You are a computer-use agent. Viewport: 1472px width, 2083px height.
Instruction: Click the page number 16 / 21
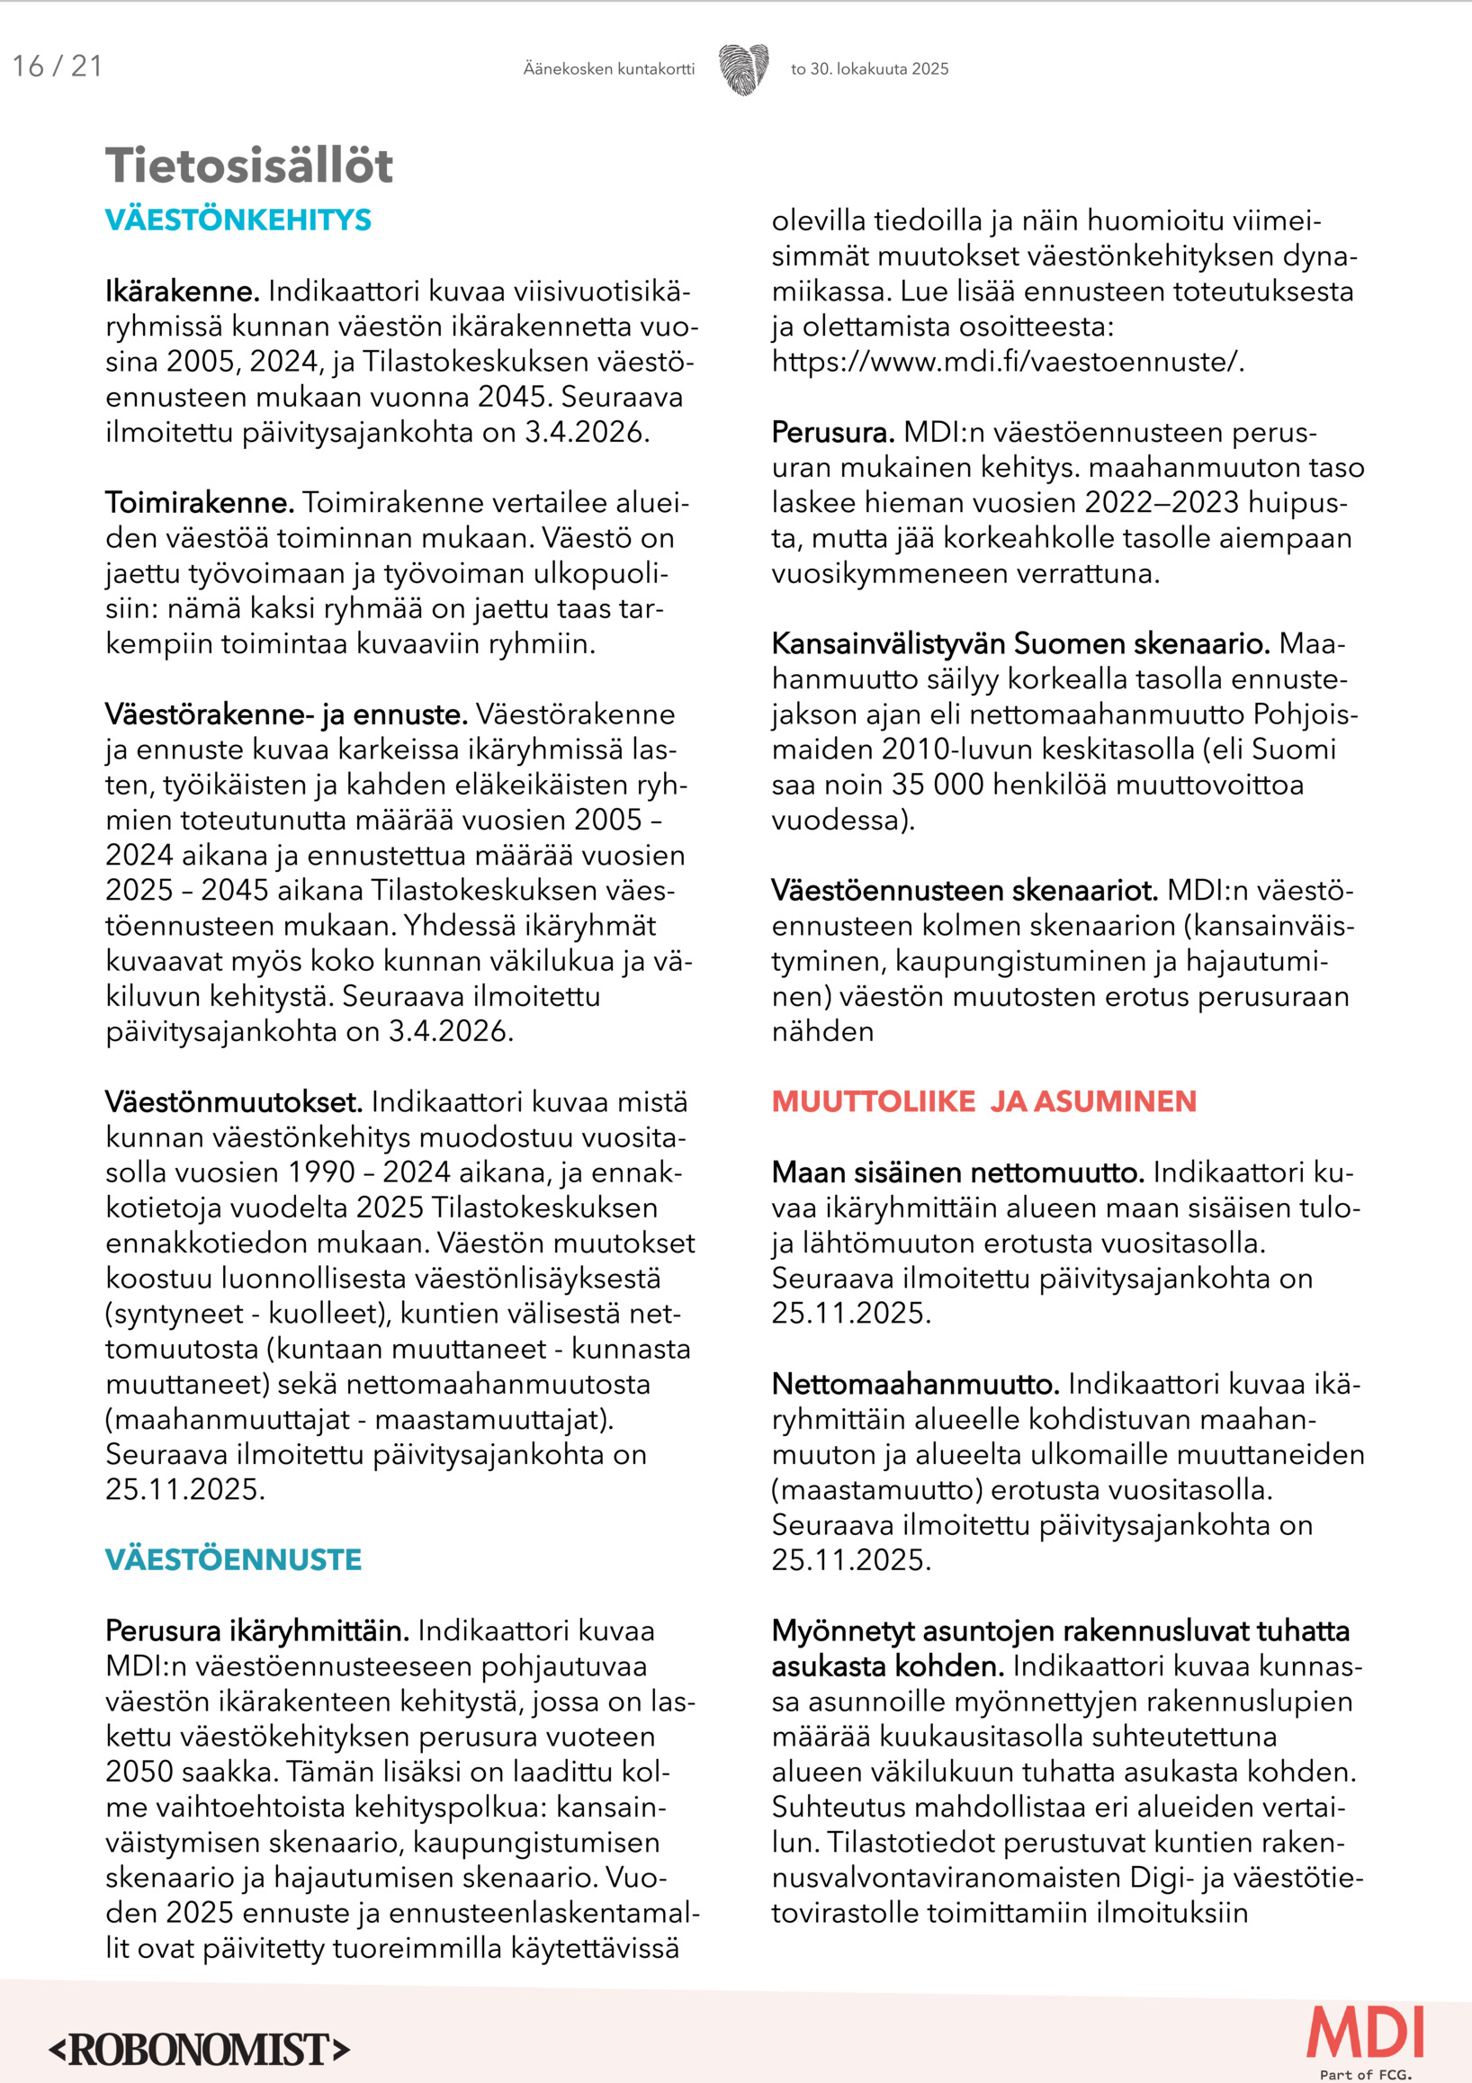point(58,67)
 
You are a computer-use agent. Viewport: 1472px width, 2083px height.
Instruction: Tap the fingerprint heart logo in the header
point(743,69)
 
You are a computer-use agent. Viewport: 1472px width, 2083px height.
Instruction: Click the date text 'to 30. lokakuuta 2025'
point(869,69)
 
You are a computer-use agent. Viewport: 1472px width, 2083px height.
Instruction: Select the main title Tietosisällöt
point(249,166)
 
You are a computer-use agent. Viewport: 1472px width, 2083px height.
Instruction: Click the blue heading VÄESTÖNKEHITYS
point(238,220)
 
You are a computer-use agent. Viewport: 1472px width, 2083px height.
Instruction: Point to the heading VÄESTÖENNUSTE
point(233,1559)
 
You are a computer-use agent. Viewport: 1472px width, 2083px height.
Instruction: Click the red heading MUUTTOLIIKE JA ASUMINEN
point(984,1101)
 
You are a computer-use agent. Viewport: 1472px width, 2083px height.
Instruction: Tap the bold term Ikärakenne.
point(183,292)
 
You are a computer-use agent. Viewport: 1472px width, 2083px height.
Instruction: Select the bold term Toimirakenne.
point(200,503)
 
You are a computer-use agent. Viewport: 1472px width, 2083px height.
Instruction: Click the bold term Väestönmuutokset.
point(234,1102)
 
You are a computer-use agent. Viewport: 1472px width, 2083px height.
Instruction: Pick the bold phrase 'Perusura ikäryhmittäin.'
point(257,1630)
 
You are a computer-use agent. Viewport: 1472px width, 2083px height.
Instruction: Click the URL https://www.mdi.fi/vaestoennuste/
point(1008,362)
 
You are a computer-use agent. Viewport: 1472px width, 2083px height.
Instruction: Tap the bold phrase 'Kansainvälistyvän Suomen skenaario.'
point(1020,644)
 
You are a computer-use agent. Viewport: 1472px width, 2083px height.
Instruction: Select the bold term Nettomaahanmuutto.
point(915,1385)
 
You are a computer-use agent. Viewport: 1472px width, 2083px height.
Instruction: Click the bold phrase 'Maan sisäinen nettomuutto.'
point(957,1173)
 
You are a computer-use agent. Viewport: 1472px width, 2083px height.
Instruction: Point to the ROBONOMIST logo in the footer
point(199,2050)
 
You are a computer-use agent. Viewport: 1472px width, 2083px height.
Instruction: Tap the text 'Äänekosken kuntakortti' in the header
point(608,69)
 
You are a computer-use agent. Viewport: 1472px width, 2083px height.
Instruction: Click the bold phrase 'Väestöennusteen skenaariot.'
point(965,891)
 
